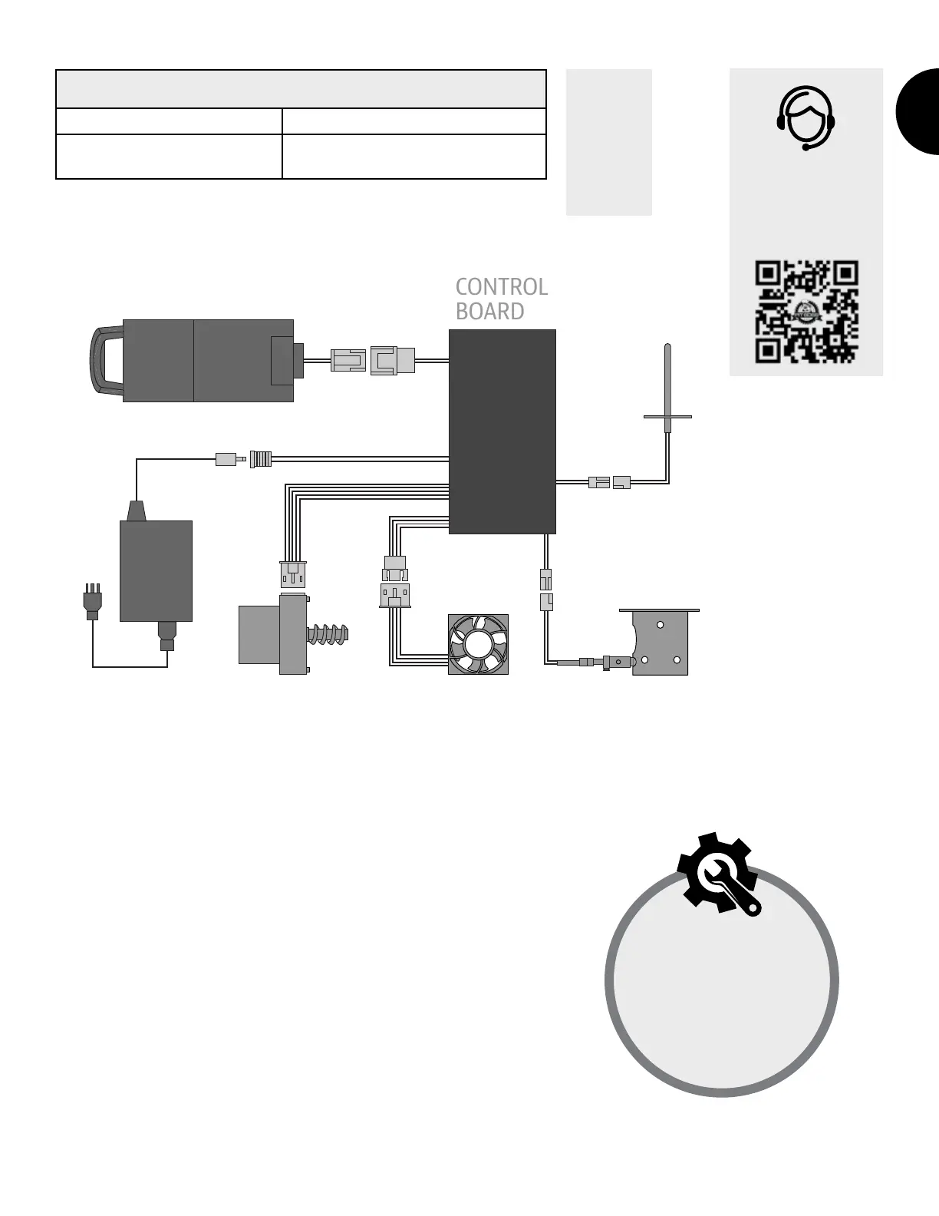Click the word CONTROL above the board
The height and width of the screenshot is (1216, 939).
pos(501,287)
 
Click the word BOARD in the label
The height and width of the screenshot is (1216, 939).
pos(489,312)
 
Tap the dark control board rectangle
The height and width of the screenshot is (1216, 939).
pos(502,431)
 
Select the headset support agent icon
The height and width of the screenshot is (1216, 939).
pos(806,117)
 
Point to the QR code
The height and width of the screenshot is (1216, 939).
pos(806,312)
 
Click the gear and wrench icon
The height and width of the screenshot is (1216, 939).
pos(718,873)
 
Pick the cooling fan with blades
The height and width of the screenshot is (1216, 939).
pos(479,645)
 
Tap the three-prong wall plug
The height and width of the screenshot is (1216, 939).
pos(91,601)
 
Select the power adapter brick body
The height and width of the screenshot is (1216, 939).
pos(156,570)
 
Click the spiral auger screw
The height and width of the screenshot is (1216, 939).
pos(328,635)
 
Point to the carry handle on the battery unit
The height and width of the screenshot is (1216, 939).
pos(105,361)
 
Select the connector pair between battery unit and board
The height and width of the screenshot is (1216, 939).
pos(373,360)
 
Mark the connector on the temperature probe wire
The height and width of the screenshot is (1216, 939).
pos(610,482)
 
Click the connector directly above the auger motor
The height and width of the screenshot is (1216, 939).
pos(293,573)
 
